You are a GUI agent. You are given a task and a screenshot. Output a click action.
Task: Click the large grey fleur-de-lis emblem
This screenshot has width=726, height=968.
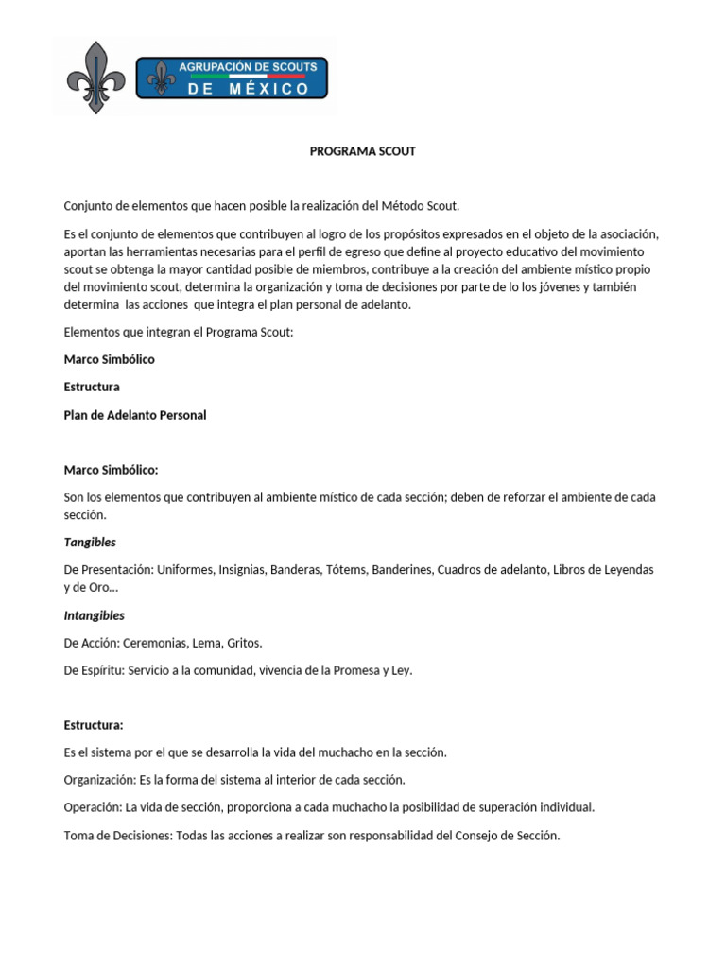[x=95, y=78]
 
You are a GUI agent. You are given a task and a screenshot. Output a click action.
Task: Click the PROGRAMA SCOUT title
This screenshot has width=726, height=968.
[x=363, y=151]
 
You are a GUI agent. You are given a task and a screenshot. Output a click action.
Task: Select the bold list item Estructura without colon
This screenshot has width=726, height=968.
[x=92, y=387]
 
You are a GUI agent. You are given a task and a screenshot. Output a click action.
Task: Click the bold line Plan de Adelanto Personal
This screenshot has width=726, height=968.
[x=134, y=415]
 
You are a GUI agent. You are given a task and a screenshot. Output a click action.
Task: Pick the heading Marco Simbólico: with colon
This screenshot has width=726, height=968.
[x=111, y=469]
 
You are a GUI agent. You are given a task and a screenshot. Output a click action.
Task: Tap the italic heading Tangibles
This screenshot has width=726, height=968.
[x=90, y=542]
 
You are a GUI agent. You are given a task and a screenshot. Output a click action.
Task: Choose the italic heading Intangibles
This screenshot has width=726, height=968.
[x=94, y=615]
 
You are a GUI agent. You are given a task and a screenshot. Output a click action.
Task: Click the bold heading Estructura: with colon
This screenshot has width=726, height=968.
[x=94, y=725]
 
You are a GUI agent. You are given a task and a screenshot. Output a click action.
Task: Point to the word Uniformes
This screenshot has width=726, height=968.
[x=185, y=569]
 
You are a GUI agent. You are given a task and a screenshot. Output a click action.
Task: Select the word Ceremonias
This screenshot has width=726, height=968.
[x=155, y=643]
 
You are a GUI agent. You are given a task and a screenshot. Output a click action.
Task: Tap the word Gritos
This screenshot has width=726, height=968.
[x=244, y=643]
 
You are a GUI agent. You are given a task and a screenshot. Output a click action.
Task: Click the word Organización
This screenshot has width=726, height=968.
[x=98, y=780]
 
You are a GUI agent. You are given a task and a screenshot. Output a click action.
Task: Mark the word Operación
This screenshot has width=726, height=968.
[x=92, y=807]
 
